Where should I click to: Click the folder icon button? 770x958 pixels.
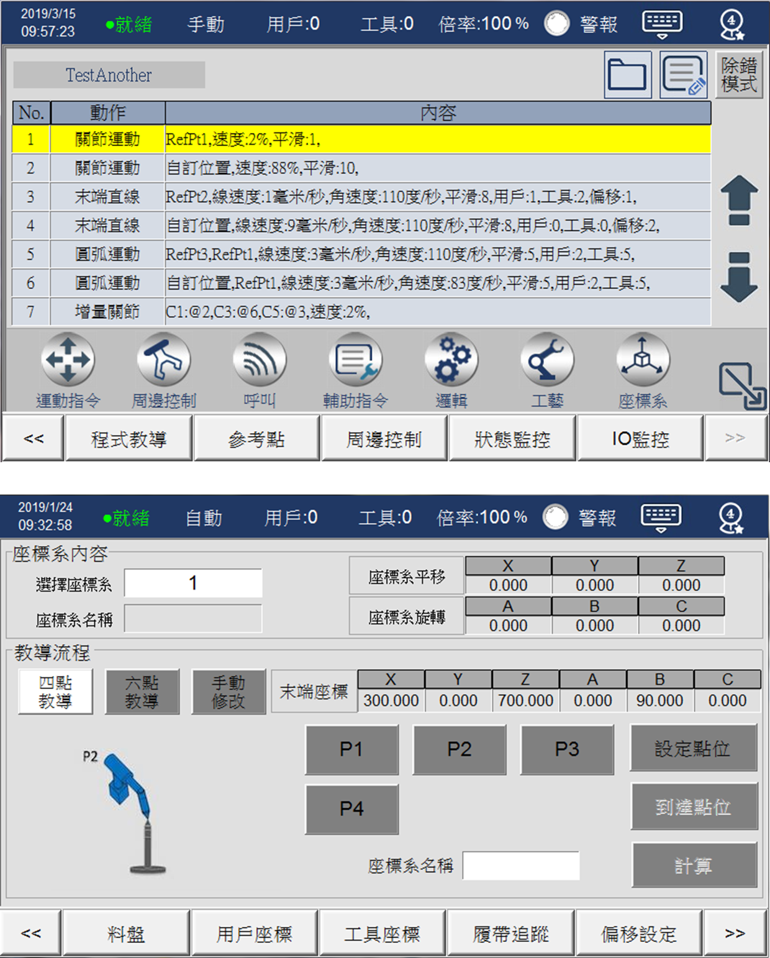(x=628, y=75)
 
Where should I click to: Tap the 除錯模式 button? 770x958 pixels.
(x=739, y=75)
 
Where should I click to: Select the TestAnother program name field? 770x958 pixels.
(x=109, y=75)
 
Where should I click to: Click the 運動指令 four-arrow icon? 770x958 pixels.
(x=68, y=360)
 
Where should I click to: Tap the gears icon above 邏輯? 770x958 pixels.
(x=451, y=360)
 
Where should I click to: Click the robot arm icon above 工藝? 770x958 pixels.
(x=547, y=360)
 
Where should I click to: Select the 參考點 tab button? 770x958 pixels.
(x=257, y=439)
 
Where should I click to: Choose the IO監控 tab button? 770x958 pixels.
(x=640, y=439)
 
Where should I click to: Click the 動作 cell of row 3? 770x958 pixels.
(x=107, y=197)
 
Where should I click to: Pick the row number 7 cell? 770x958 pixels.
(x=30, y=312)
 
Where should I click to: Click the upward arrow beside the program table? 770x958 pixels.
(x=739, y=200)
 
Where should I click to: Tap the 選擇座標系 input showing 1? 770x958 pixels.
(x=193, y=583)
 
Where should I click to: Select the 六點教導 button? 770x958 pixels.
(x=142, y=692)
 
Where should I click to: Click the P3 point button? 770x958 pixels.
(x=567, y=749)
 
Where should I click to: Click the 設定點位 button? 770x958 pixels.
(x=694, y=749)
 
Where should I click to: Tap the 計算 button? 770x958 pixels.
(x=694, y=865)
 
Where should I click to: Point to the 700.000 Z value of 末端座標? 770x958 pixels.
(x=525, y=701)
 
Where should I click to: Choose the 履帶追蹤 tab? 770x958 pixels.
(x=510, y=934)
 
